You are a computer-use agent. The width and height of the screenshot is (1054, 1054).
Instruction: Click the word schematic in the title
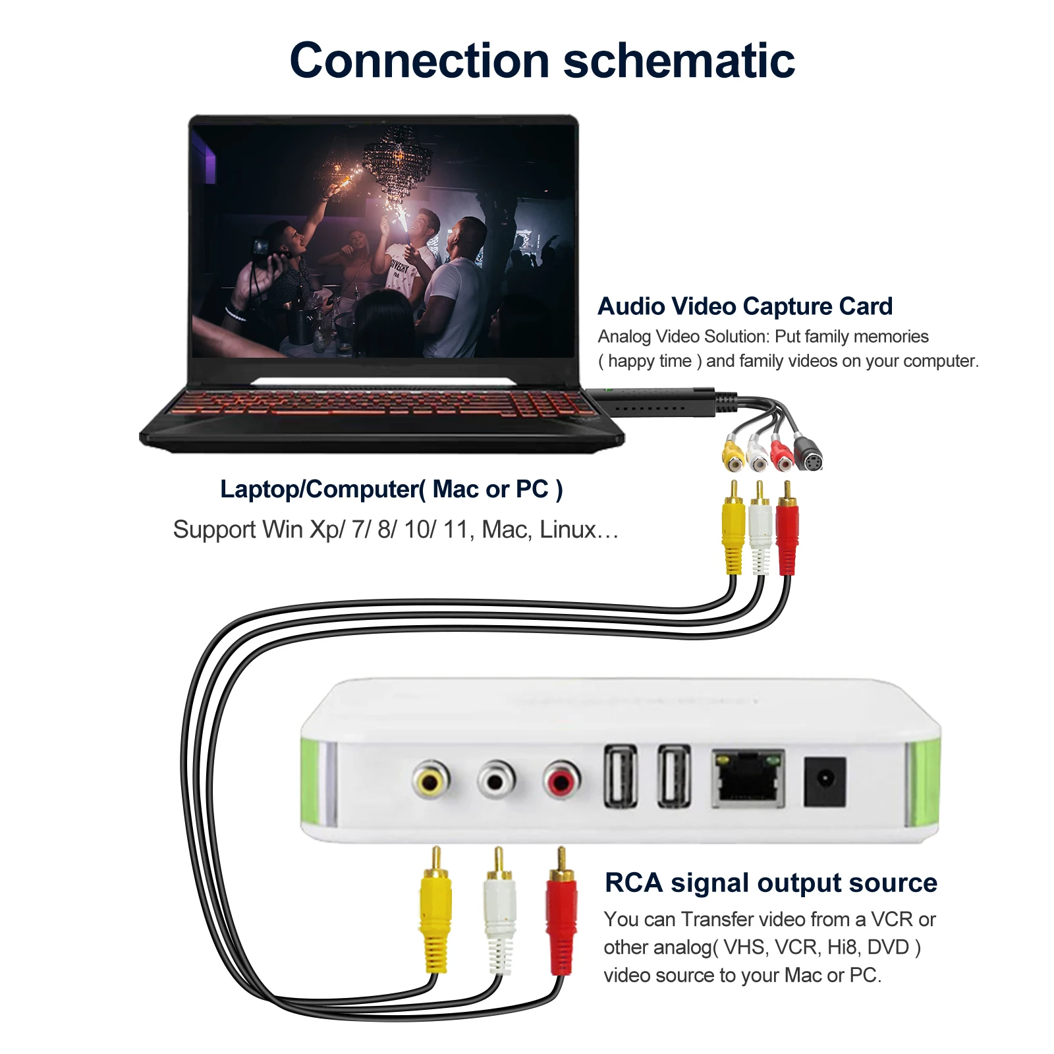point(679,61)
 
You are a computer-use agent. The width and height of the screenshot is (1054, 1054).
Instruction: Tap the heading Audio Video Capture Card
point(745,306)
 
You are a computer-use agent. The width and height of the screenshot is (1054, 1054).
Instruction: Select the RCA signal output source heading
point(771,883)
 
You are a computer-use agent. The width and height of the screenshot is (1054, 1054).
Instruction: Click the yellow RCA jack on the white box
point(431,781)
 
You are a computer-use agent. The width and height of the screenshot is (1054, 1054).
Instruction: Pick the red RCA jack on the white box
point(562,781)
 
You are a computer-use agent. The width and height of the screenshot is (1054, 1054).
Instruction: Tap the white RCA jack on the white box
point(496,781)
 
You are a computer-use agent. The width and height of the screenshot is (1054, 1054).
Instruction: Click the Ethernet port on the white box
point(748,779)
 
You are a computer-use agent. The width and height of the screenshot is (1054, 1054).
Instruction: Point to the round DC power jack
point(825,781)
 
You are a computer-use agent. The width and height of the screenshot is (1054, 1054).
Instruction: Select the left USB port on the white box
point(621,777)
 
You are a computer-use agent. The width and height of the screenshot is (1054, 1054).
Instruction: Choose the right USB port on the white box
point(674,777)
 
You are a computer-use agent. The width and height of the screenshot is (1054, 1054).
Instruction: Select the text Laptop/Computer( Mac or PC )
point(391,489)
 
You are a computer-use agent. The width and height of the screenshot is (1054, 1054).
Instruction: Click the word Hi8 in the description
point(844,947)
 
